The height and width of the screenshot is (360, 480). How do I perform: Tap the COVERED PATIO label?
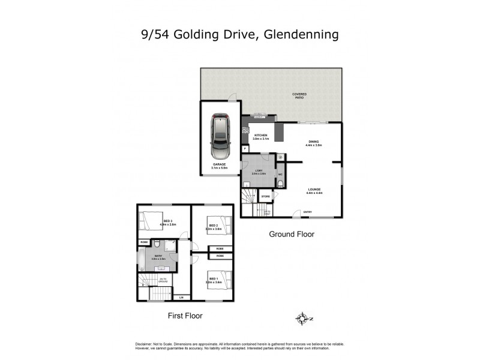(x=298, y=95)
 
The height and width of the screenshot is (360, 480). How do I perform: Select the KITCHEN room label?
(x=260, y=136)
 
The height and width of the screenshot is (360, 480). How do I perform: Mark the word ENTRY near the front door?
(x=307, y=212)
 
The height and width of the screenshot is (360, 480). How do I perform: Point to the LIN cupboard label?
(x=181, y=297)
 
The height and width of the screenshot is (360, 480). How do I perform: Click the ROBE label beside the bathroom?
(x=143, y=242)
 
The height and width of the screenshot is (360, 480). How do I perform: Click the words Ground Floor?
(x=291, y=234)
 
